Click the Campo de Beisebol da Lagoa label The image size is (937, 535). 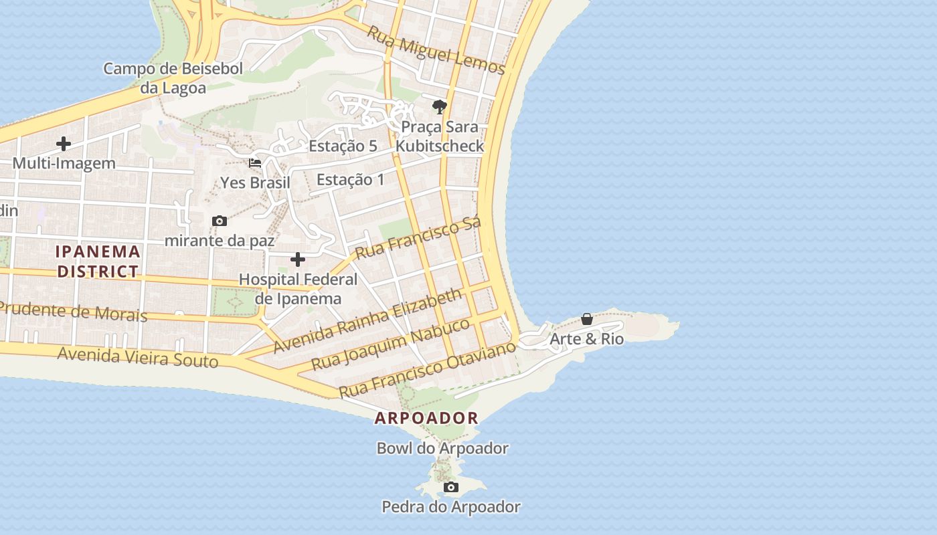[x=173, y=78]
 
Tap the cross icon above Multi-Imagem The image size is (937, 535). [x=64, y=144]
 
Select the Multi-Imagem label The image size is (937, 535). [x=64, y=163]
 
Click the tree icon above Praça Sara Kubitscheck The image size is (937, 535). [x=440, y=107]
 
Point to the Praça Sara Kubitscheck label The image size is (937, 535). [x=440, y=136]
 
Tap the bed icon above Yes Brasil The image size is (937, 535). [x=255, y=163]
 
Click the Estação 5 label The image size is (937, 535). [x=343, y=146]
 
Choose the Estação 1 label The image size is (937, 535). [x=351, y=179]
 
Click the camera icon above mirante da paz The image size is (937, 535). [x=219, y=221]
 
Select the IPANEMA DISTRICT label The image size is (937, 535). [x=98, y=261]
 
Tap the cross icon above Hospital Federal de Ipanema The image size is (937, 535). [x=298, y=259]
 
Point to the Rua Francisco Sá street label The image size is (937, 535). [x=418, y=238]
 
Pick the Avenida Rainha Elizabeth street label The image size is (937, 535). [x=368, y=321]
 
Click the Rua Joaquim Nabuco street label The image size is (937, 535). [x=392, y=344]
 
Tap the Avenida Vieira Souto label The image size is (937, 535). [x=138, y=357]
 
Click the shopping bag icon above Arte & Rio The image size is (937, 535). [x=587, y=320]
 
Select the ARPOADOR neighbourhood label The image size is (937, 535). [x=426, y=419]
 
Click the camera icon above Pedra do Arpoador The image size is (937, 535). [x=451, y=487]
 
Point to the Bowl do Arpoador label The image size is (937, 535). [x=442, y=448]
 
